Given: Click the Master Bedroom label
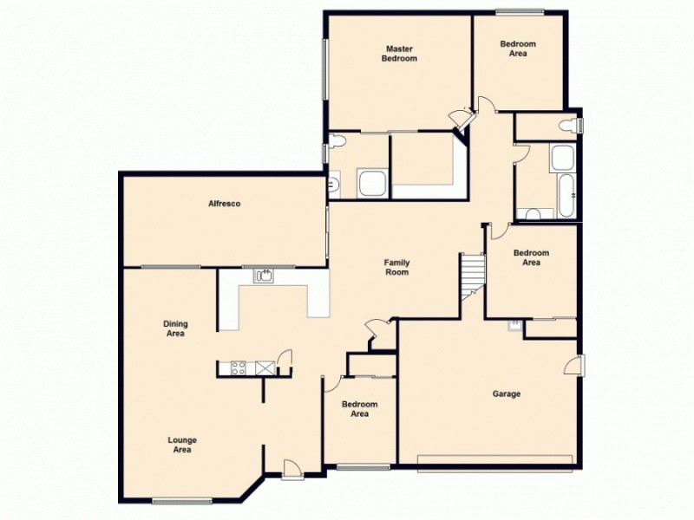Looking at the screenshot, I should coord(400,54).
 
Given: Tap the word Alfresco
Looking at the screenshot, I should coord(224,204).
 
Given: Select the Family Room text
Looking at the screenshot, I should coord(397,267).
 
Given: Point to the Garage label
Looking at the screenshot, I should coord(507,393).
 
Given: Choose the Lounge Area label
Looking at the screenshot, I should coord(181,445).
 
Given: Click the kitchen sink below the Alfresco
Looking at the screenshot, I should coord(265,276).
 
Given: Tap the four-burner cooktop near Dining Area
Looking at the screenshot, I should coord(236,368).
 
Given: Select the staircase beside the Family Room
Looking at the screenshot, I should coord(471,273).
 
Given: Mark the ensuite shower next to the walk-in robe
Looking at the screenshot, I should coord(374,184).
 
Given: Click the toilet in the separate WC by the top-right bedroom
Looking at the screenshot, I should coord(568,127).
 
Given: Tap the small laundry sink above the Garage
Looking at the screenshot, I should coord(515,325).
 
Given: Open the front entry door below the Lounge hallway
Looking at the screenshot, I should coord(292,468).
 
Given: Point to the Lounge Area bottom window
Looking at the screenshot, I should coord(182,500).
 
